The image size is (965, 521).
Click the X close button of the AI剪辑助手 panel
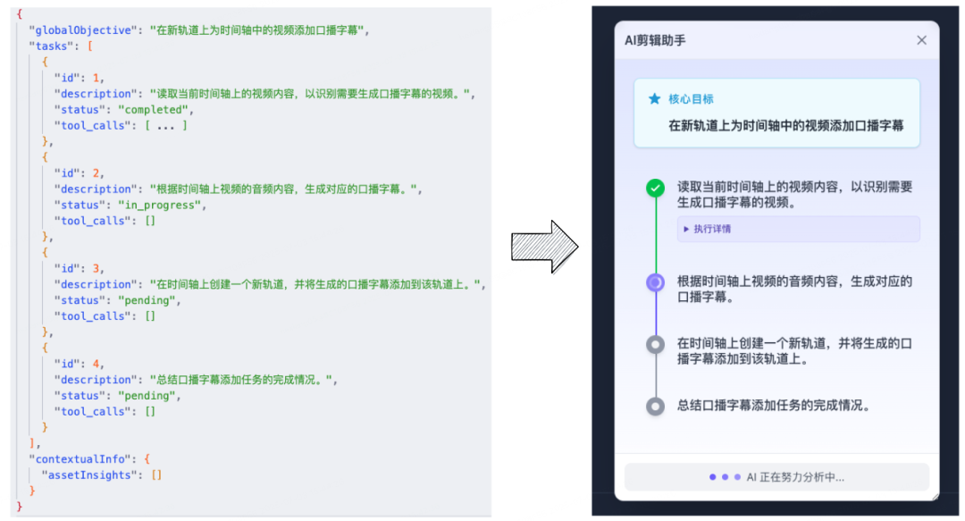pyautogui.click(x=921, y=40)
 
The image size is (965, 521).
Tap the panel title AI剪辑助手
pyautogui.click(x=655, y=40)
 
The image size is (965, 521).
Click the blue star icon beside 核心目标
pyautogui.click(x=655, y=99)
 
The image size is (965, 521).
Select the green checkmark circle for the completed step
pyautogui.click(x=656, y=188)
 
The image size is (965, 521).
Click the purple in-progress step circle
pyautogui.click(x=656, y=282)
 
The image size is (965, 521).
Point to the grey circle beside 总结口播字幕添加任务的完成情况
pyautogui.click(x=656, y=406)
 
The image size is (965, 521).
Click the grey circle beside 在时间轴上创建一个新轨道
pyautogui.click(x=656, y=344)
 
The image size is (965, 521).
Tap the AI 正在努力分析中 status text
pyautogui.click(x=795, y=477)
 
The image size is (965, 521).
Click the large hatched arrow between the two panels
pyautogui.click(x=545, y=248)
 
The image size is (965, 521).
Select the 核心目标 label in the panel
pyautogui.click(x=691, y=99)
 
